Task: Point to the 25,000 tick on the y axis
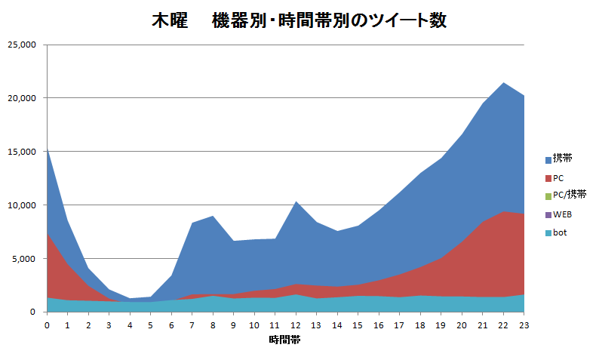(22, 45)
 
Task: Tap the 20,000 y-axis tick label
(22, 98)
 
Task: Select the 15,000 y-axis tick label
(22, 152)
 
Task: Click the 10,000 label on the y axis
(22, 205)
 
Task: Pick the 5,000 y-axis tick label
(25, 259)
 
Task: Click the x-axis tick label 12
(296, 325)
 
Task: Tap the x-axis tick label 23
(524, 325)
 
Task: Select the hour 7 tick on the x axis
(192, 325)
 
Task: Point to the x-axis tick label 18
(420, 325)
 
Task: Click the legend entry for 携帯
(562, 158)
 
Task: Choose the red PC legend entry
(558, 178)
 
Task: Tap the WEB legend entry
(562, 214)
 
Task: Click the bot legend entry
(560, 232)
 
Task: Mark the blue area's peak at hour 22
(503, 82)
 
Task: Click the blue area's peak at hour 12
(296, 202)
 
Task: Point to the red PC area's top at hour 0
(48, 235)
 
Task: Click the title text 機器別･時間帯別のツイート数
(329, 21)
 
